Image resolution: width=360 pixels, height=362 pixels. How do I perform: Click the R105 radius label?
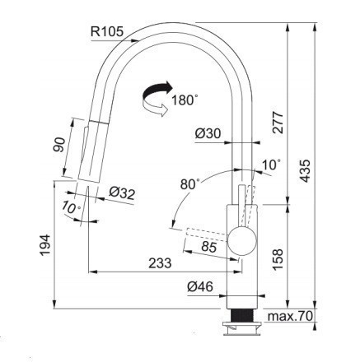pos(107,32)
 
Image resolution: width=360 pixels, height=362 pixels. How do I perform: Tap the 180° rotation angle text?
pos(185,100)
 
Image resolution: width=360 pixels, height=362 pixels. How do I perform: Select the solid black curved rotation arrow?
pos(157,91)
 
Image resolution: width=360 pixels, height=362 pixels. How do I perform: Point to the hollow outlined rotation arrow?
pos(155,109)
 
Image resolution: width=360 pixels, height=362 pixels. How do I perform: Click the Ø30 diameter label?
pos(208,133)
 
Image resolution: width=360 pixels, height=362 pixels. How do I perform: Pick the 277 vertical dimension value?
pos(278,123)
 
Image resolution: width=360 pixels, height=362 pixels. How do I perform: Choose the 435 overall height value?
pos(305,170)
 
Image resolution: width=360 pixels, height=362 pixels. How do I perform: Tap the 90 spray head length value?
pos(59,145)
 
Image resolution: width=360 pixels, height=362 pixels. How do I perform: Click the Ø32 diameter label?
pos(122,193)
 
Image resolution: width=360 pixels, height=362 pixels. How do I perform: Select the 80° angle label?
pos(189,183)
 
